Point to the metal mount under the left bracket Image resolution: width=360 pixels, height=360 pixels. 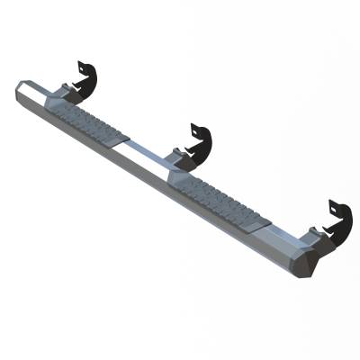tap(68, 90)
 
